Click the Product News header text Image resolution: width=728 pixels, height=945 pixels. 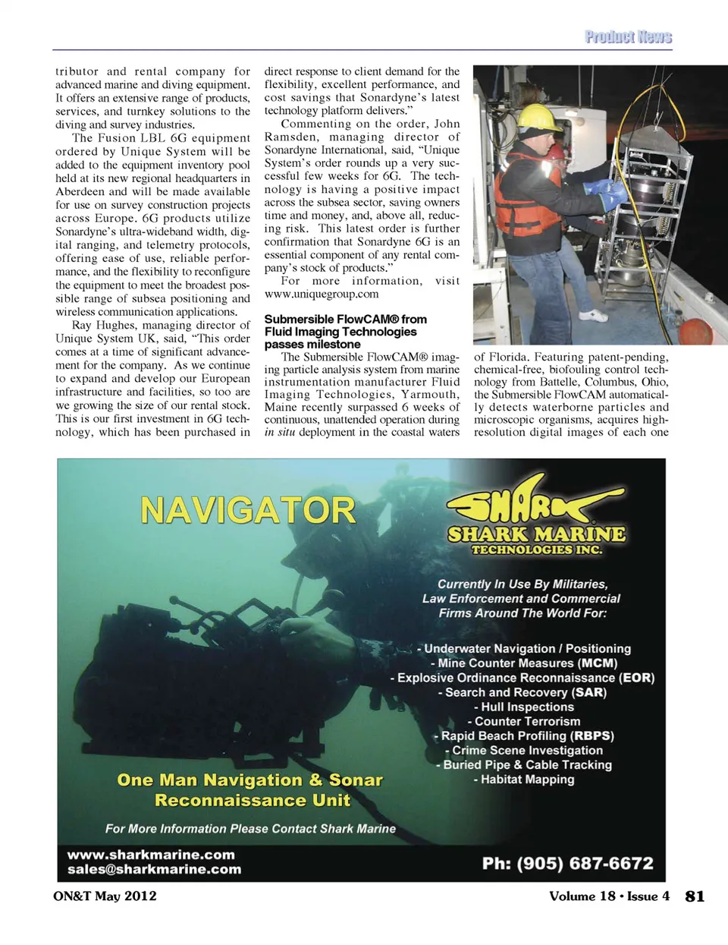(628, 36)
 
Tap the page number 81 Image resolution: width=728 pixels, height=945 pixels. (695, 896)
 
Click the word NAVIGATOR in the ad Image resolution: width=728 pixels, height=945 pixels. (248, 511)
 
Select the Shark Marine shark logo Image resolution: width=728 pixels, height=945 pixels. (535, 498)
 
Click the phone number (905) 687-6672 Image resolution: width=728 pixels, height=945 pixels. (567, 863)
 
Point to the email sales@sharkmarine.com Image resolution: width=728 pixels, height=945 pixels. (154, 869)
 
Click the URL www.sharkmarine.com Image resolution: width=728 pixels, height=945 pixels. (151, 854)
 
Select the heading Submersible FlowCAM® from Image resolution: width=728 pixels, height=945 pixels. (345, 320)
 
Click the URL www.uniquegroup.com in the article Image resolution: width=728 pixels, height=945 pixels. (322, 294)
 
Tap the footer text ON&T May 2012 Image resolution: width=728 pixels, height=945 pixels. (105, 896)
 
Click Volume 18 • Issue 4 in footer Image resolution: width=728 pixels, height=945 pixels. (609, 896)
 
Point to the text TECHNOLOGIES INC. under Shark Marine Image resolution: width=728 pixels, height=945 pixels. (536, 550)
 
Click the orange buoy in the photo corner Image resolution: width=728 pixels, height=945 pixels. (695, 332)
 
